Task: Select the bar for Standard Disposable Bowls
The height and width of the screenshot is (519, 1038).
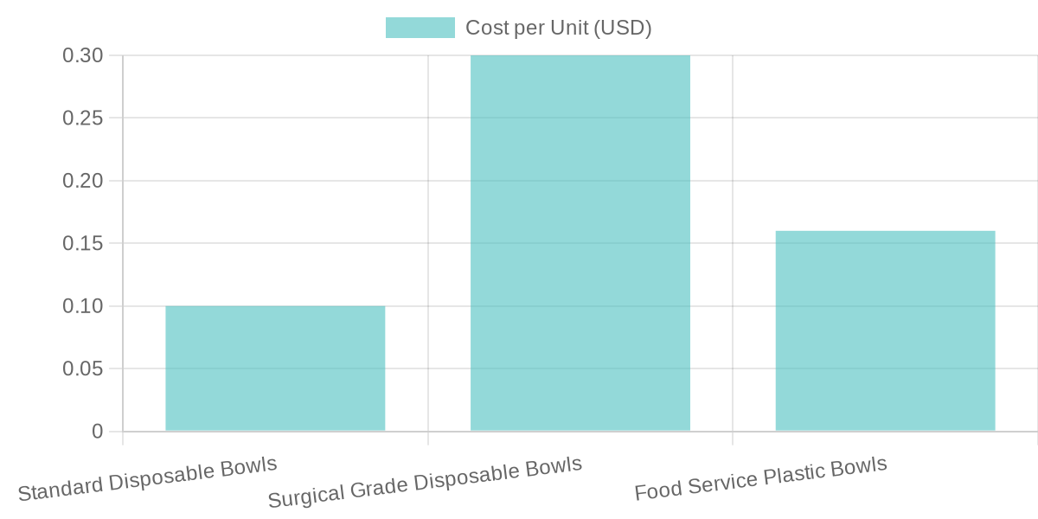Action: (275, 368)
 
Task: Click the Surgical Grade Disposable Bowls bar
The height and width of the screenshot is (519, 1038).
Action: (580, 243)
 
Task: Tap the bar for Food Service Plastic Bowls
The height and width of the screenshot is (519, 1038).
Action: (885, 330)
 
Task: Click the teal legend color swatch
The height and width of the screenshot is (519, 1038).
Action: (420, 28)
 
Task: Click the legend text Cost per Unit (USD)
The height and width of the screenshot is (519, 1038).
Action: (558, 28)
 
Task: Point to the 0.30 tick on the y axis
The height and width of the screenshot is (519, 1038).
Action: (83, 55)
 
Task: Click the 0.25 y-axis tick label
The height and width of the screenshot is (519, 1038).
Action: (83, 118)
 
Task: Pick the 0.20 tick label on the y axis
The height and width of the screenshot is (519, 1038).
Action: (83, 181)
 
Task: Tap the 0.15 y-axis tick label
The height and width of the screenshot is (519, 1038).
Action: (83, 243)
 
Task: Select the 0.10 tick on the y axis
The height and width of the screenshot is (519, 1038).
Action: (83, 306)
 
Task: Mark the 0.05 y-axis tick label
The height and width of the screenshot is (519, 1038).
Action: (83, 368)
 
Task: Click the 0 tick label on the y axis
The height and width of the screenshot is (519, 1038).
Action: (97, 432)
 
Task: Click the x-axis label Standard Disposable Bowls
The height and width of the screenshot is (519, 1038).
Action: (147, 478)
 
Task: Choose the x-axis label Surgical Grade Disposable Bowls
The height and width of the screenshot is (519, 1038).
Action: (425, 483)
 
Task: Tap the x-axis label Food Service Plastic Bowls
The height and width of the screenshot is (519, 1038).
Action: (760, 478)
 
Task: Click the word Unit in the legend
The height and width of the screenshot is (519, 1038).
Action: (569, 28)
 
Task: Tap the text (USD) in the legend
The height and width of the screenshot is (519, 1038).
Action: (623, 28)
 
